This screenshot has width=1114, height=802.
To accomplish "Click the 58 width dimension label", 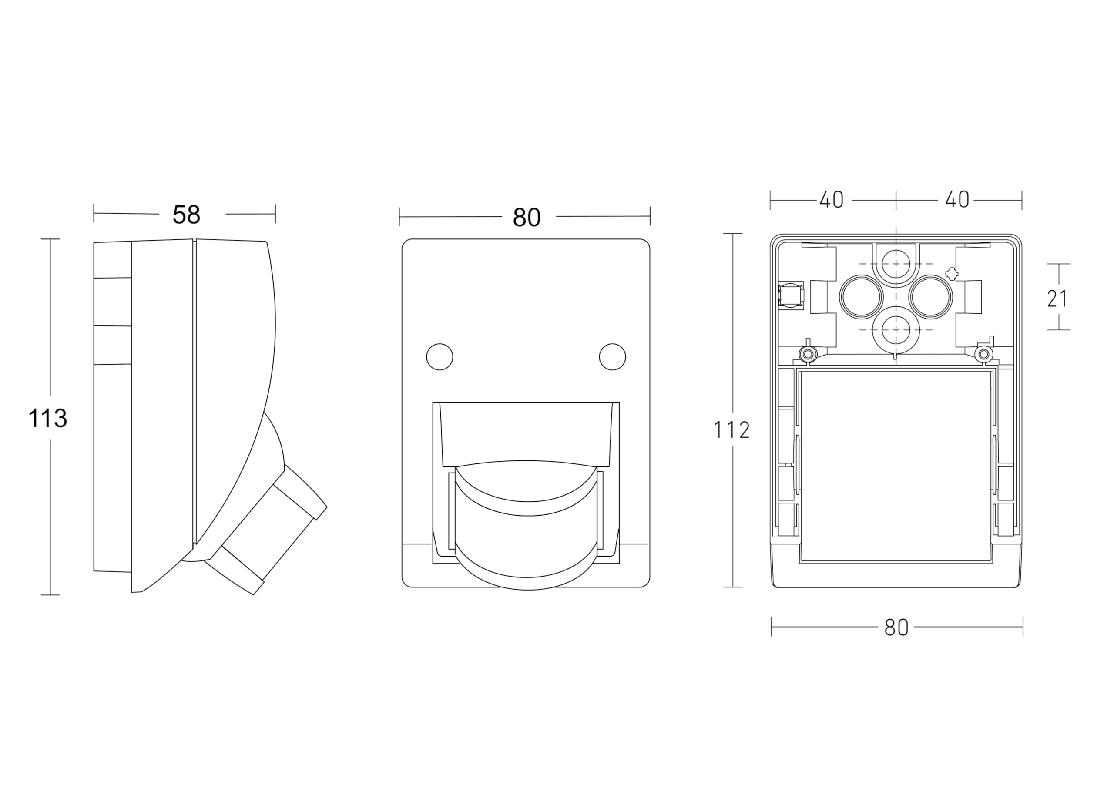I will tap(187, 215).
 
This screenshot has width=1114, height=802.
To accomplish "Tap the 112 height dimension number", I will tap(731, 431).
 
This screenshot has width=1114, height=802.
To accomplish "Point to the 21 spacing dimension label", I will tap(1057, 299).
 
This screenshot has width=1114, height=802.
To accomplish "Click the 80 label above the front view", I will tap(527, 218).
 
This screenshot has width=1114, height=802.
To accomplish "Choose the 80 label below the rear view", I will tap(896, 628).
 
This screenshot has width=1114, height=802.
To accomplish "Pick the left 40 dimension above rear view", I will tap(832, 200).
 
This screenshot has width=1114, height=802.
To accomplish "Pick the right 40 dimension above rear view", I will tap(957, 200).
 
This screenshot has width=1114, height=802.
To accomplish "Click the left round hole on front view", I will tap(440, 357).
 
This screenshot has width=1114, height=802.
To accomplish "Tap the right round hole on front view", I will tap(613, 357).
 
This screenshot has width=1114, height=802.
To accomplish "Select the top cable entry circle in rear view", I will tap(896, 264).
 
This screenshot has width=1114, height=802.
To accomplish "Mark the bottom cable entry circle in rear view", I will tap(896, 329).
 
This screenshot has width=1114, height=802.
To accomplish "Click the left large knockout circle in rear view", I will tap(862, 297).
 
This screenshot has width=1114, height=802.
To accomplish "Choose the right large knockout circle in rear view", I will tap(930, 297).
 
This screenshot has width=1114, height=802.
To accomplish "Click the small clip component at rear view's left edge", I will tap(791, 295).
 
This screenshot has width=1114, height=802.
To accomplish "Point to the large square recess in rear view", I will tap(896, 466).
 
